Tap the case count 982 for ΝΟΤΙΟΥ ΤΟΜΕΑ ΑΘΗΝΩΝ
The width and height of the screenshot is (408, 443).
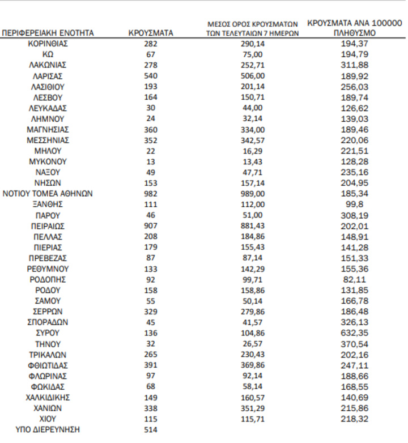click(x=151, y=194)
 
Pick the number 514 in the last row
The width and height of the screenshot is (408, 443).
click(x=151, y=429)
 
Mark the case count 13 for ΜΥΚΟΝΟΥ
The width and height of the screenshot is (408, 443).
click(x=151, y=162)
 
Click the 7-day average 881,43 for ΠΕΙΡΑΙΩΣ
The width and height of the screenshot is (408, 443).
click(x=252, y=226)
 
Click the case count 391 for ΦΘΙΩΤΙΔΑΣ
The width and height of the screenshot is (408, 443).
click(x=151, y=365)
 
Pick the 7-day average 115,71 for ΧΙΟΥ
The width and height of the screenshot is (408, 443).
click(x=252, y=419)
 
